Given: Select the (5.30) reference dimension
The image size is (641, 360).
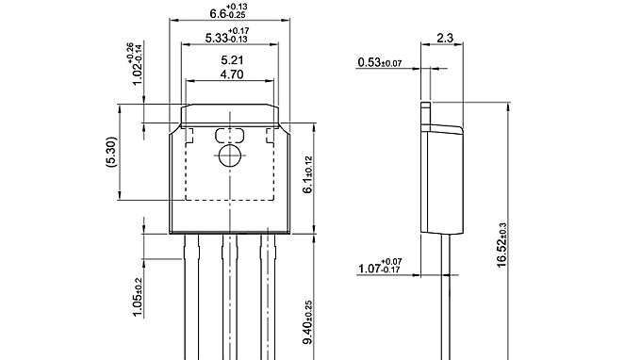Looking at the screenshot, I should (x=110, y=152).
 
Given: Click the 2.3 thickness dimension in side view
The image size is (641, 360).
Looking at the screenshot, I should (x=446, y=39).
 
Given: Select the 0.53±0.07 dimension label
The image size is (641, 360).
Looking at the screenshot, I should (x=380, y=63).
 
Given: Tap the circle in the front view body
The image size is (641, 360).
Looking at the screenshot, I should (x=228, y=156).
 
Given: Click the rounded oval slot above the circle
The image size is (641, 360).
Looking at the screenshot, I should (x=228, y=135).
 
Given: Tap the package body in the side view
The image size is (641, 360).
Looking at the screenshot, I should (x=443, y=179).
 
